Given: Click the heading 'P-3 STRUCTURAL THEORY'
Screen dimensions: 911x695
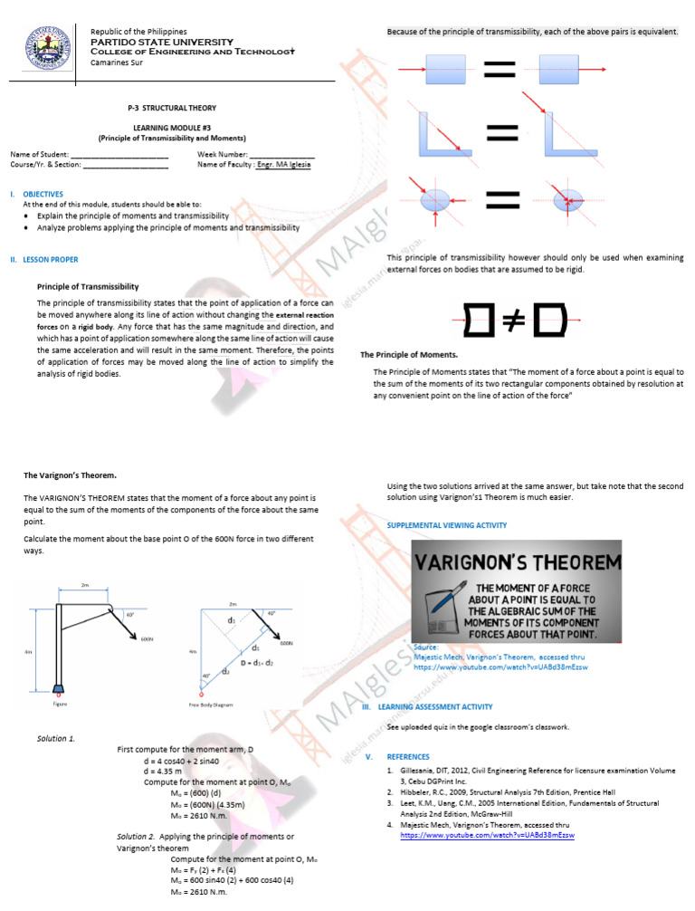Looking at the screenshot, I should tap(172, 108).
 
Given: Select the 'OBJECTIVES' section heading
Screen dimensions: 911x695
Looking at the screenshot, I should tap(43, 194).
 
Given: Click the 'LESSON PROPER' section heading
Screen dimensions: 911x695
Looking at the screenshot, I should tap(49, 260).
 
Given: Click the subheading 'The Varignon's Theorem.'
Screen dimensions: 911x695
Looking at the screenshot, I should tap(69, 475).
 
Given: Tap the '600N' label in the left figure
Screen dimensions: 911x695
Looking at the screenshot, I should tap(147, 639).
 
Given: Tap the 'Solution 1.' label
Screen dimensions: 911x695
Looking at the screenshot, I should tap(56, 738).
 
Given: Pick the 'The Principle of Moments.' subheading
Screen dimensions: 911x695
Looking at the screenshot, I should tap(409, 354).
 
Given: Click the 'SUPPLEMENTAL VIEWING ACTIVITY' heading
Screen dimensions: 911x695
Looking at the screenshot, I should tap(446, 525).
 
